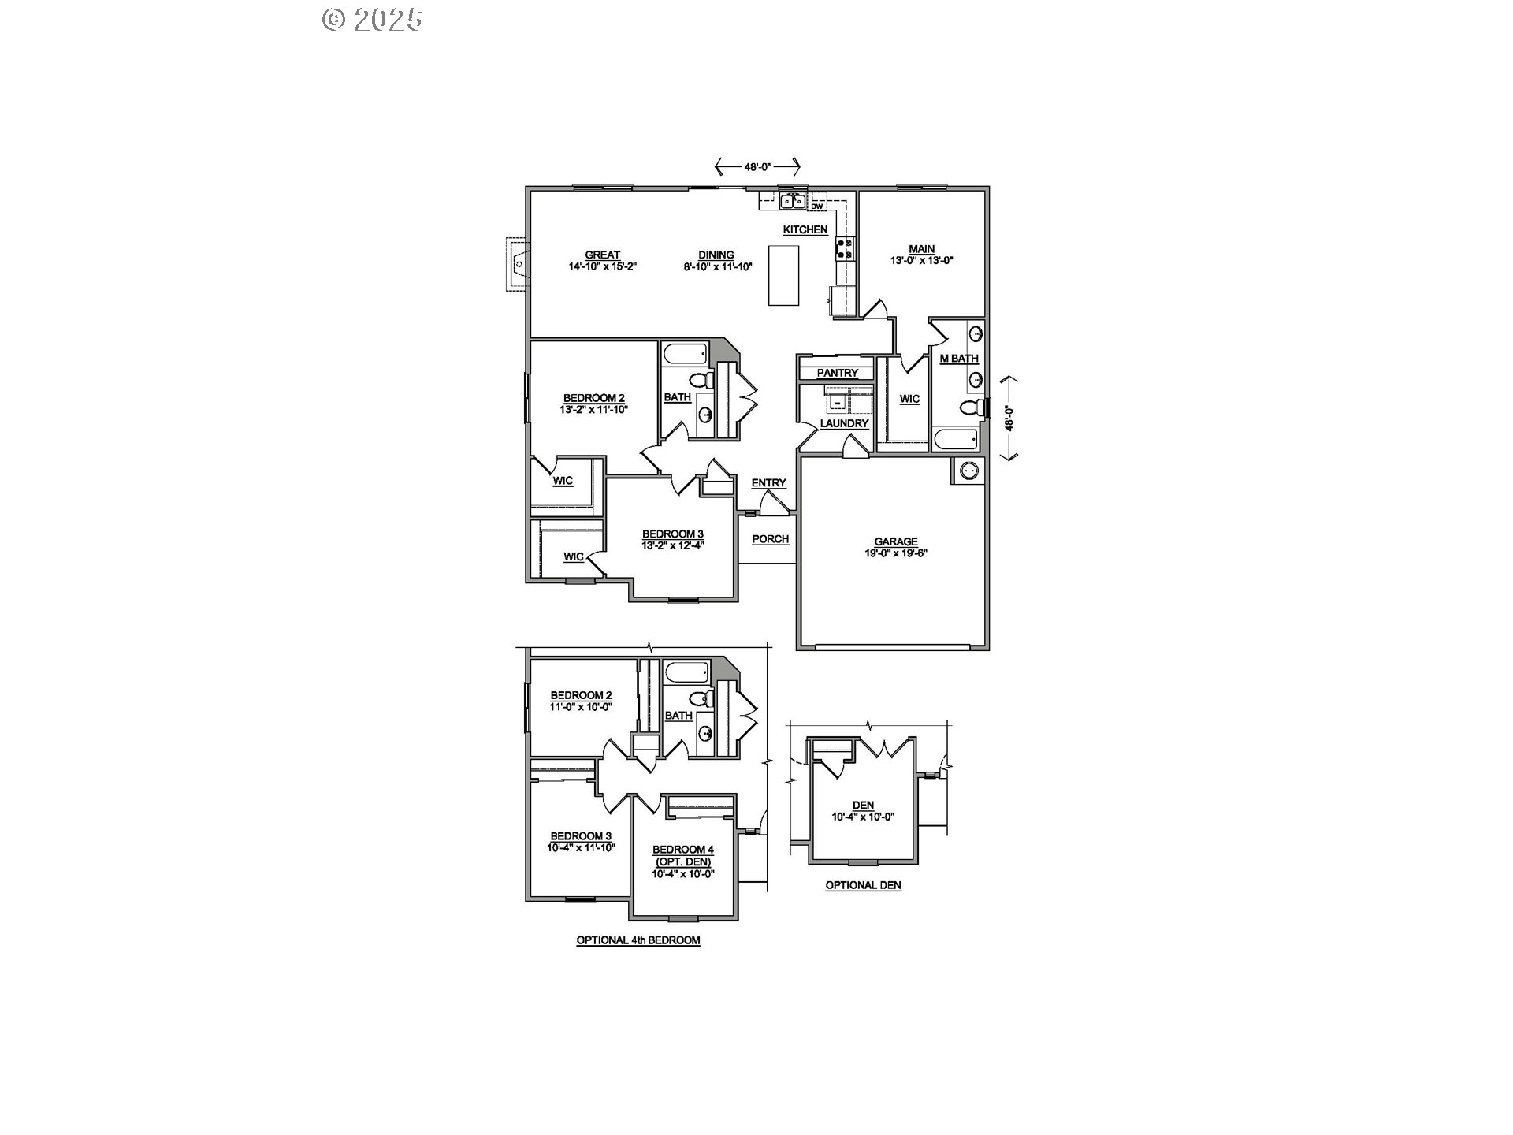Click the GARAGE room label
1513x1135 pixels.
click(896, 541)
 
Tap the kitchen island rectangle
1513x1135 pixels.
click(783, 275)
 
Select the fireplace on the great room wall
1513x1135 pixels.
click(517, 264)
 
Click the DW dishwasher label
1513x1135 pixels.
click(817, 207)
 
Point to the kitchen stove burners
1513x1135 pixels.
click(844, 249)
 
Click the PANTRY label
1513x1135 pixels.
click(837, 373)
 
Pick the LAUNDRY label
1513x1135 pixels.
click(844, 423)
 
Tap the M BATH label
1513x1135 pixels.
click(959, 359)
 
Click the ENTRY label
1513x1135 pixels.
click(768, 483)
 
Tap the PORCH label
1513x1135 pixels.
click(770, 539)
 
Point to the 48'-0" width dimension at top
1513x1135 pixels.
click(757, 166)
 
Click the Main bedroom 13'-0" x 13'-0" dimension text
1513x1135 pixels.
click(921, 260)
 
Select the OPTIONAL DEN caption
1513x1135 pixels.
click(863, 885)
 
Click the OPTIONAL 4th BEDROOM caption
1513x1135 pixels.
click(638, 940)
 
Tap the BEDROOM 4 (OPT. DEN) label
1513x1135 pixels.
click(682, 855)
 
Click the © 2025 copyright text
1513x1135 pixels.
click(372, 20)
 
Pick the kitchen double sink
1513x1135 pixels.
click(793, 202)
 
